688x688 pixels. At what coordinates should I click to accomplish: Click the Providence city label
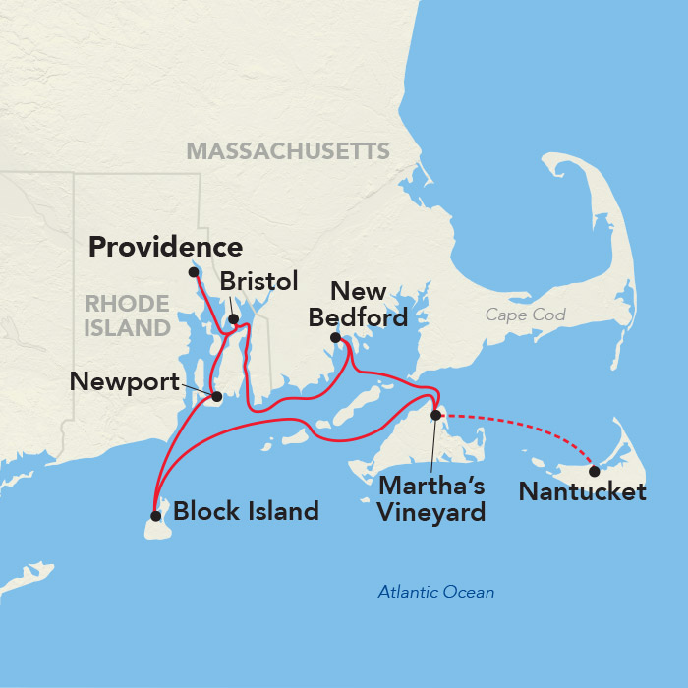[165, 248]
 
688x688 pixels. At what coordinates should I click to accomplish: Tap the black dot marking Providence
[194, 272]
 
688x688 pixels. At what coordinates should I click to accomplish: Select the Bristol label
[258, 282]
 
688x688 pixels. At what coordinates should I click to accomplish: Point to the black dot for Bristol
[233, 319]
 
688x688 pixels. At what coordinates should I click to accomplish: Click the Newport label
[125, 381]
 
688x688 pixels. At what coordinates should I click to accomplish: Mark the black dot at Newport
[217, 397]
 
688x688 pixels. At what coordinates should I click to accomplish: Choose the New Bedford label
[358, 305]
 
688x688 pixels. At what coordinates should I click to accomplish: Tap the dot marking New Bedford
[336, 338]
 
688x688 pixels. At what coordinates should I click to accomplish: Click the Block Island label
[246, 511]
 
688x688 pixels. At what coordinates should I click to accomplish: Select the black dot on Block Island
[155, 515]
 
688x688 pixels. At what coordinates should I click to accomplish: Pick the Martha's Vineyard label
[432, 498]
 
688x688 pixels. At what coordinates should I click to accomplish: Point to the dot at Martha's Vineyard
[436, 415]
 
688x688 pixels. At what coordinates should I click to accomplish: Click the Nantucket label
[582, 491]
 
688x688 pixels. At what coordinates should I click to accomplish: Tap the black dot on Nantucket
[594, 471]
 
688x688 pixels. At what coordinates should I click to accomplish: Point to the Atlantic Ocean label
[436, 592]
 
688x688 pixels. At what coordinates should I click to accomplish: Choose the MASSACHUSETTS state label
[288, 150]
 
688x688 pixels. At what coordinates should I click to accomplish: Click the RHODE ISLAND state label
[127, 315]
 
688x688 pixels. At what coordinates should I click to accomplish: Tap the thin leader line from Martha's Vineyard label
[433, 447]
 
